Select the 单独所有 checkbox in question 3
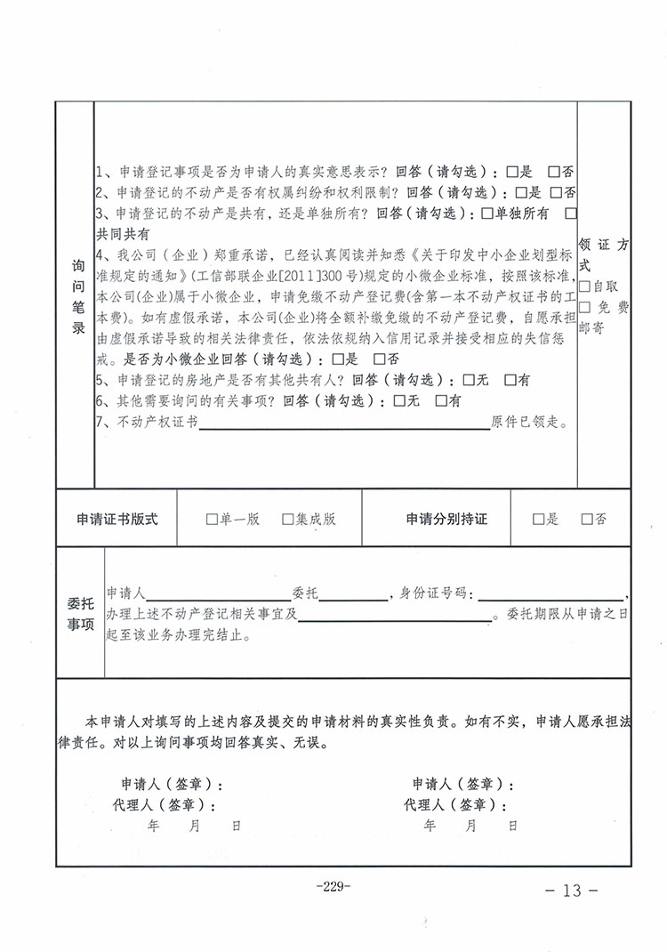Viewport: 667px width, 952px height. click(x=486, y=214)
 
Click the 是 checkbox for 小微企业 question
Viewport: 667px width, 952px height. click(x=337, y=359)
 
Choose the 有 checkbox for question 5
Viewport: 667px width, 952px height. click(x=510, y=380)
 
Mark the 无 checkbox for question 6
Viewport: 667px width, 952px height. click(x=398, y=401)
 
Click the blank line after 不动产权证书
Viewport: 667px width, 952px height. click(x=344, y=424)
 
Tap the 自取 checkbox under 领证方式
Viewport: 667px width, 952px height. click(x=584, y=286)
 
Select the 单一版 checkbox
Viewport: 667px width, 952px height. click(x=211, y=520)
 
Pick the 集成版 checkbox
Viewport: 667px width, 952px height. click(x=287, y=520)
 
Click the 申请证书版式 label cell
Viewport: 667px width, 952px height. click(x=117, y=520)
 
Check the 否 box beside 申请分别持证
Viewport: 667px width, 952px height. click(x=587, y=520)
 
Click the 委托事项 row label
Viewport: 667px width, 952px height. click(x=80, y=613)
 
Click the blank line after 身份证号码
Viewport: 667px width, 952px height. click(x=550, y=594)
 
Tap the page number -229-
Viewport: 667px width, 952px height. click(x=333, y=886)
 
